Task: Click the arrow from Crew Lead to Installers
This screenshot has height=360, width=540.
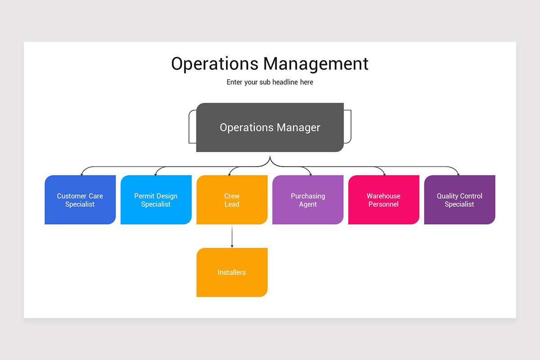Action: pos(232,236)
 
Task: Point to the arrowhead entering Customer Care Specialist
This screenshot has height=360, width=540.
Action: pos(81,174)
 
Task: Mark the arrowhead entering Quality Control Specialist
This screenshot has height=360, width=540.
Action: pos(459,174)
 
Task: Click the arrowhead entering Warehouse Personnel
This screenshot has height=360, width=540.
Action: pos(384,174)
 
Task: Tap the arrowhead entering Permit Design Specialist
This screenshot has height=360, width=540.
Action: pos(155,174)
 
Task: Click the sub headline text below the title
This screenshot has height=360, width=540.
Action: pos(270,82)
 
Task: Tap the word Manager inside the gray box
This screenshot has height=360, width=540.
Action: pos(298,127)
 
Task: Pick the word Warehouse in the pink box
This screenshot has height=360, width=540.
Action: pos(383,196)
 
